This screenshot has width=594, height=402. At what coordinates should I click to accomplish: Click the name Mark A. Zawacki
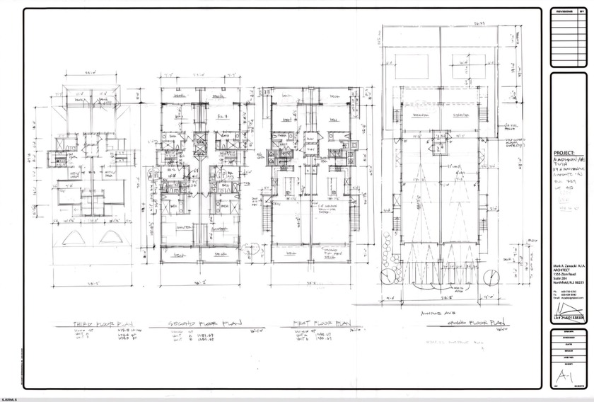(566, 262)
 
